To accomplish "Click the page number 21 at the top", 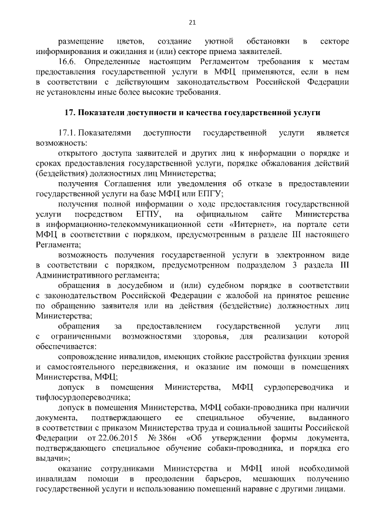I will click(x=192, y=23).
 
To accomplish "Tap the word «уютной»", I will click(x=219, y=42).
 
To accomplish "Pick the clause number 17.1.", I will click(x=67, y=133).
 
